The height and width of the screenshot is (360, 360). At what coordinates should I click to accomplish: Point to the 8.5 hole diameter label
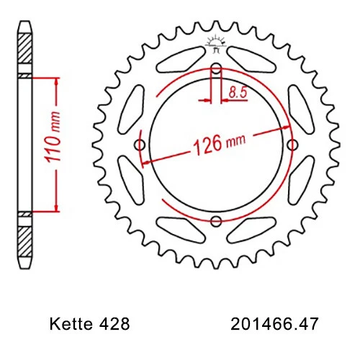tap(235, 92)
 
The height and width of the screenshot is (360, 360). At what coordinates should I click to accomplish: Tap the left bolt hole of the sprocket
tap(140, 145)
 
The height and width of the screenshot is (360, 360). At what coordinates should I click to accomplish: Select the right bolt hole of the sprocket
tap(293, 145)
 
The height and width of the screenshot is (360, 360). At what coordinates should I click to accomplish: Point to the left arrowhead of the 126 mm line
tap(147, 162)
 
